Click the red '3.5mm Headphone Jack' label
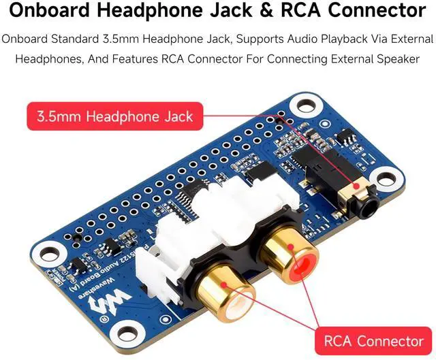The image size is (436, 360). tap(115, 116)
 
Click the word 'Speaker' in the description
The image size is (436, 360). tap(399, 59)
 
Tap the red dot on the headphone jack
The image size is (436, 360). tap(354, 184)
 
